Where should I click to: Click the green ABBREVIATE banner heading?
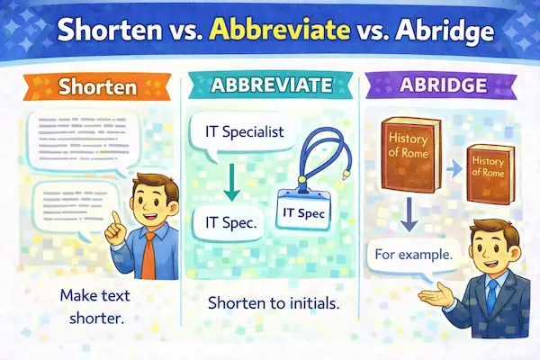pos(271,88)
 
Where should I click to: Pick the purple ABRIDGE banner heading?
pos(439,88)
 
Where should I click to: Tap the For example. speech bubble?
pos(415,255)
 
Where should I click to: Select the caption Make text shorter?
pos(93,305)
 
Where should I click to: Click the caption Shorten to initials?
pos(272,303)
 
